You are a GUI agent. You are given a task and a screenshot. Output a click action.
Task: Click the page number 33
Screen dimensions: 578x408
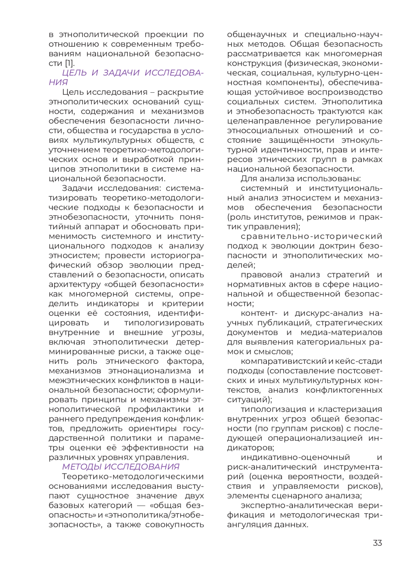(x=377, y=543)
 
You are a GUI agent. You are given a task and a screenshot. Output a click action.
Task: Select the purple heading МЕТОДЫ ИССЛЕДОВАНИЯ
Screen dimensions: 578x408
(x=121, y=467)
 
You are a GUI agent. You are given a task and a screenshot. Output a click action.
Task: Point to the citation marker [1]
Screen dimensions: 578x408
(x=70, y=63)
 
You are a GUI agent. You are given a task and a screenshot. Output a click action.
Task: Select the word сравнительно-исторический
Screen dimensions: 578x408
(x=311, y=236)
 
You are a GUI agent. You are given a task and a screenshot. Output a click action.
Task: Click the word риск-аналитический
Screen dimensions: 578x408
(x=272, y=467)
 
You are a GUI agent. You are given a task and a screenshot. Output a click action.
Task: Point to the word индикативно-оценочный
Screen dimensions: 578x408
(x=295, y=457)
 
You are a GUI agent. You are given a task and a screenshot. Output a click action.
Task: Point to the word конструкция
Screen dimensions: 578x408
(x=255, y=63)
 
